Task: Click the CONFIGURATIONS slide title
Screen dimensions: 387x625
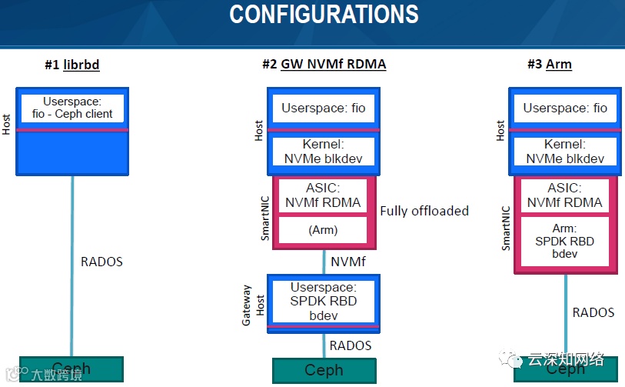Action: tap(324, 14)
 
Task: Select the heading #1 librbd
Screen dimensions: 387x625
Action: tap(71, 65)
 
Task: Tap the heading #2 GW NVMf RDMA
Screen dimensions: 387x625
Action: tap(324, 65)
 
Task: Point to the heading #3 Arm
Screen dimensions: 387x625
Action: tap(549, 65)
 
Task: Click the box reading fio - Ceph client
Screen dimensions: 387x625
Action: tap(72, 108)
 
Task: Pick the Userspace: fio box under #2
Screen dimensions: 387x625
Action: tap(323, 108)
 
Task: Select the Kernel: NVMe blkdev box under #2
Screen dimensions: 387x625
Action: tap(323, 152)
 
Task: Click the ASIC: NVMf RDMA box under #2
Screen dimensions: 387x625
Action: tap(323, 195)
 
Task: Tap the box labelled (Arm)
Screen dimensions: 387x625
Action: tap(323, 230)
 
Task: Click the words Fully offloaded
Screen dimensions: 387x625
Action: tap(424, 211)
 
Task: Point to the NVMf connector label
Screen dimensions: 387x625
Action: tap(347, 262)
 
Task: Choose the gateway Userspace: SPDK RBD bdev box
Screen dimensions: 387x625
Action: tap(323, 300)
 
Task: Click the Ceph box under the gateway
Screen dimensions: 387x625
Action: tap(323, 370)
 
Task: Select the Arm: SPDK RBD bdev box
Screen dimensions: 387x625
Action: tap(565, 241)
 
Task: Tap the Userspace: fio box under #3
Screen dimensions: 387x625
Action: tap(565, 108)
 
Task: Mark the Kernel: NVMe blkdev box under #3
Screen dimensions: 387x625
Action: tap(565, 152)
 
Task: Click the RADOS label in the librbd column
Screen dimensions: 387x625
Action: tap(101, 262)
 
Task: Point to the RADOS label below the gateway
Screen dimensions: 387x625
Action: tap(350, 345)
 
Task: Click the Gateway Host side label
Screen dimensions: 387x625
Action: tap(252, 305)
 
